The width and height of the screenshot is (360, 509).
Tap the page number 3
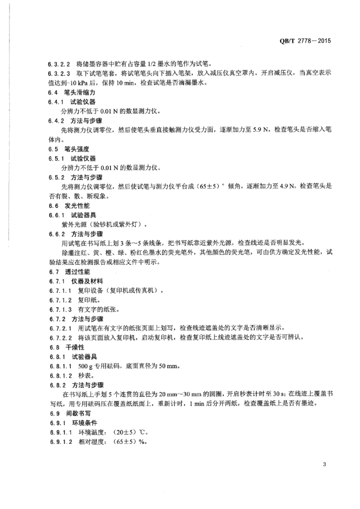(x=324, y=465)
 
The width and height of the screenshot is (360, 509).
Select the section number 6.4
(x=53, y=93)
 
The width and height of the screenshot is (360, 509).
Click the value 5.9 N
(x=262, y=130)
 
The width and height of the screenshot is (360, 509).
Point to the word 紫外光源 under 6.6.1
(x=75, y=224)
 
